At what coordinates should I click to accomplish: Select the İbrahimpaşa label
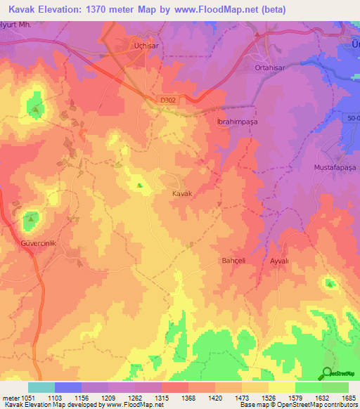tap(237, 121)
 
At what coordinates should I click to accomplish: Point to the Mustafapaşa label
tap(335, 169)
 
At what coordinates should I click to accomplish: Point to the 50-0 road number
tap(352, 119)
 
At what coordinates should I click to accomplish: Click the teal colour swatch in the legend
tap(41, 387)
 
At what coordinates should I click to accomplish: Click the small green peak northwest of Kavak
tap(139, 186)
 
